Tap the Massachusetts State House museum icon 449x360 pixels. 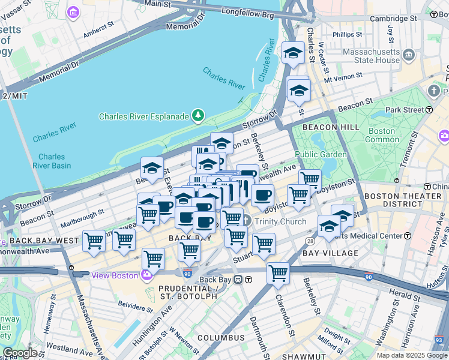point(410,56)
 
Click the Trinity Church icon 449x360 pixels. point(246,221)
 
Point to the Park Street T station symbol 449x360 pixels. point(429,110)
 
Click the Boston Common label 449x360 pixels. point(382,135)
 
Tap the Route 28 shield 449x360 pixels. point(310,241)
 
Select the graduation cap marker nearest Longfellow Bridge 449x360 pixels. point(293,53)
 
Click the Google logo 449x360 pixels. point(20,353)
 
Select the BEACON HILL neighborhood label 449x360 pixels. point(331,127)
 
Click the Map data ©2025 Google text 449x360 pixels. point(411,355)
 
